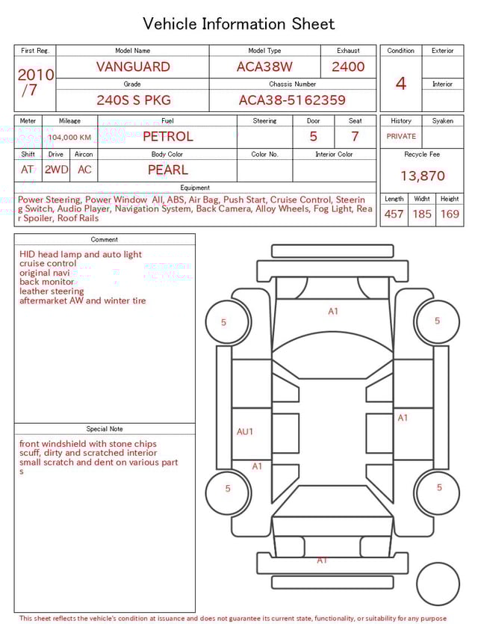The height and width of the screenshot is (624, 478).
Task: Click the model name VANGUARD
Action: point(133,67)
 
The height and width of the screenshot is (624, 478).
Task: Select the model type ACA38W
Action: point(264,67)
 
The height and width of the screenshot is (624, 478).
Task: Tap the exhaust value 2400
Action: point(348,67)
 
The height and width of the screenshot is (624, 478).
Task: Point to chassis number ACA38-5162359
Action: point(292,100)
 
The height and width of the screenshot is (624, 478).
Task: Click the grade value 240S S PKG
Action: point(133,100)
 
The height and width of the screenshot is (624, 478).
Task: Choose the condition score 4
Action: point(401,83)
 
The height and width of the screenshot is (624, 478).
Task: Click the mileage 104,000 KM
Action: point(69,138)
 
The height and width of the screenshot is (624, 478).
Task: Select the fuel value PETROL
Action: point(167,137)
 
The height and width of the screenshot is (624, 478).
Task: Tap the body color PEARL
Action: point(167,170)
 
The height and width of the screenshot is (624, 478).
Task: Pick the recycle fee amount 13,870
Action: point(422,176)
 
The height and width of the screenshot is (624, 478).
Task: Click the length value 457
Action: point(394,214)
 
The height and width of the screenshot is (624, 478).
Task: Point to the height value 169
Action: point(450,214)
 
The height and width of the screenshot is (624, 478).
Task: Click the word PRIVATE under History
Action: point(401,137)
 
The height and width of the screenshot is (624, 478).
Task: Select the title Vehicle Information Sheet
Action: point(239,24)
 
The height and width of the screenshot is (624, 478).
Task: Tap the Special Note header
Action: point(105,429)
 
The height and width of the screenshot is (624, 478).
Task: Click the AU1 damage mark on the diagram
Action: point(245,432)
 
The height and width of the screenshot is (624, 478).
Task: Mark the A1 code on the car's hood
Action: point(333,312)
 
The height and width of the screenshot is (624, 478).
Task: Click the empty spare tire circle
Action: point(438,584)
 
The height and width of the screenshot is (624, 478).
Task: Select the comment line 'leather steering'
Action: point(52,291)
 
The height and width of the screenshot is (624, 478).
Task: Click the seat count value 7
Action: point(355,137)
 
